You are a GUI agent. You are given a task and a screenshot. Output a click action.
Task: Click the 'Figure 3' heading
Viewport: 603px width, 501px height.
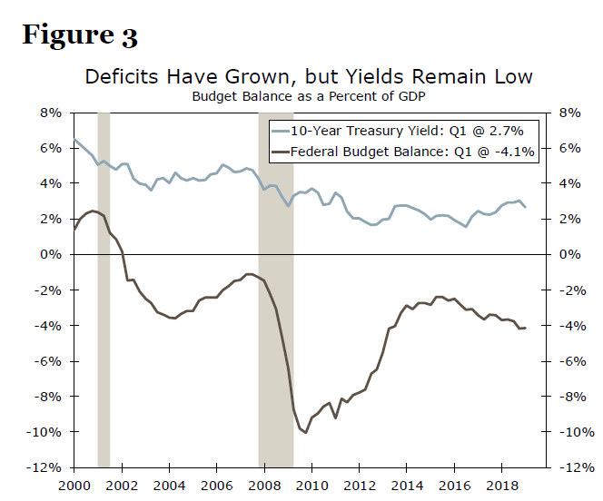pyautogui.click(x=80, y=35)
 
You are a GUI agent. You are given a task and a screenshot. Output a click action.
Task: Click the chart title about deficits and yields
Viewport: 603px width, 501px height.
pyautogui.click(x=309, y=76)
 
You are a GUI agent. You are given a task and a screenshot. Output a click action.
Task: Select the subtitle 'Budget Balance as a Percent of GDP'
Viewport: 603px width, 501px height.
pyautogui.click(x=309, y=94)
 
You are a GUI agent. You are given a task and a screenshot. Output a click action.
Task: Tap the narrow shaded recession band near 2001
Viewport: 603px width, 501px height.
pyautogui.click(x=104, y=290)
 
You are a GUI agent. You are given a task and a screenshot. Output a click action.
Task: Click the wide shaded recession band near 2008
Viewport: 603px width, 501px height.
pyautogui.click(x=276, y=290)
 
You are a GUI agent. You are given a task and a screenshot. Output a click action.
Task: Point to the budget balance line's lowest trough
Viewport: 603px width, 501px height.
pyautogui.click(x=305, y=432)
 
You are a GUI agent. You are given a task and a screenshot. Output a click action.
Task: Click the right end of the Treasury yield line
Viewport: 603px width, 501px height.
pyautogui.click(x=525, y=207)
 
